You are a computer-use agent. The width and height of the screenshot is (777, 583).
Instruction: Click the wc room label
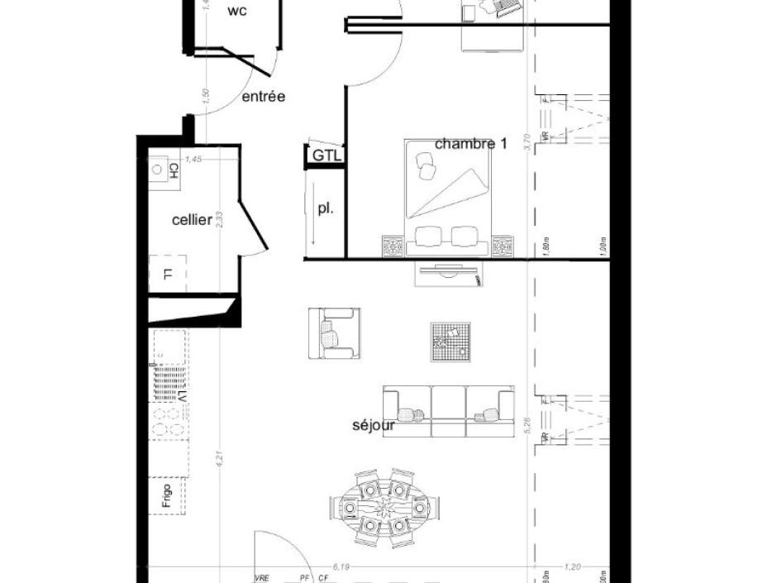point(238,11)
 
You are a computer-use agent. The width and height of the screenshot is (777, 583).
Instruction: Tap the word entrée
point(263,97)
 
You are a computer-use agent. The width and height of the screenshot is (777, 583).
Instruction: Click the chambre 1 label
point(470,143)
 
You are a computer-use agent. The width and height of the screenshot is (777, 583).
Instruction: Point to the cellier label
point(192,220)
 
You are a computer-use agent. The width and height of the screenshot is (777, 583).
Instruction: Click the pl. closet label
point(325,209)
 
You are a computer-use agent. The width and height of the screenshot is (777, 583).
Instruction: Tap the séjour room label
point(374,427)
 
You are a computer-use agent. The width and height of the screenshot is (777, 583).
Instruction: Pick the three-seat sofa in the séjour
point(448,410)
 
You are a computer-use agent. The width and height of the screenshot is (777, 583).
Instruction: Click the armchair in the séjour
point(334,333)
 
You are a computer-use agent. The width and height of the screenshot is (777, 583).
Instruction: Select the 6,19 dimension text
point(341,566)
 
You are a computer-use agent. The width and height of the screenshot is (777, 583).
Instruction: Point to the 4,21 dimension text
point(221,456)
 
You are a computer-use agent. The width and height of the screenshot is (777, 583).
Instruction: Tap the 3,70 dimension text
point(526,144)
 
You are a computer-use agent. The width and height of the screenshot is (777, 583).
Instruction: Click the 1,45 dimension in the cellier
point(193,160)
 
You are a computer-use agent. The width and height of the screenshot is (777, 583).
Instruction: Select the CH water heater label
point(174,170)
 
